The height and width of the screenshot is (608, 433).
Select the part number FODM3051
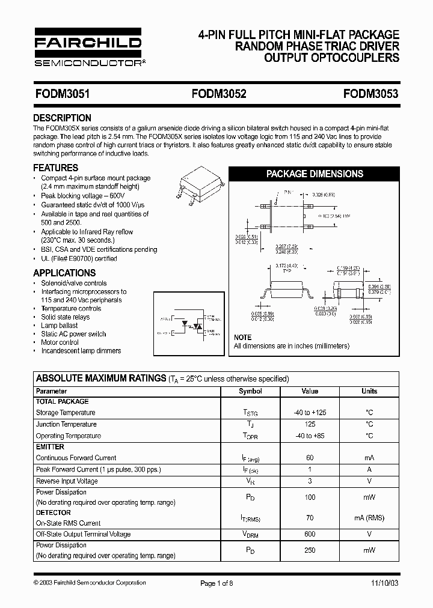[62, 94]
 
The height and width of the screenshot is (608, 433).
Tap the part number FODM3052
[219, 94]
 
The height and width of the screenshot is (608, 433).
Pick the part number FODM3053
[371, 94]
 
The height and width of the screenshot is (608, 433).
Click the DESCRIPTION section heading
[62, 118]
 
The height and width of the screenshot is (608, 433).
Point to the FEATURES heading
[55, 168]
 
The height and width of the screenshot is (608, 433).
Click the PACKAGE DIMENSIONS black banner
[315, 174]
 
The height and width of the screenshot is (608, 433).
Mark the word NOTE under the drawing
[242, 338]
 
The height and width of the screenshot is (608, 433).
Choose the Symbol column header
[250, 391]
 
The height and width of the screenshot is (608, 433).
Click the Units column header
[369, 391]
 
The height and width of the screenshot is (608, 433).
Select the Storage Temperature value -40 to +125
[310, 413]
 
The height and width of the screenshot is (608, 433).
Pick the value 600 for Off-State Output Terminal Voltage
[310, 534]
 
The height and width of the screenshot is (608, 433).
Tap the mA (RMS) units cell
[369, 518]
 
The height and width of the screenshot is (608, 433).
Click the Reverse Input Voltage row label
[66, 481]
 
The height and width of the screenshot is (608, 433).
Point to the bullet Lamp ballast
[59, 325]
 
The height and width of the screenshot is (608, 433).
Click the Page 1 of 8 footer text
[216, 583]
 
